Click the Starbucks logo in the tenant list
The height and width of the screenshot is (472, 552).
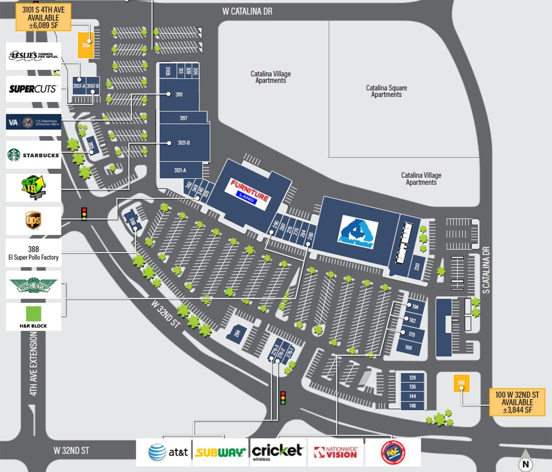pyautogui.click(x=33, y=155)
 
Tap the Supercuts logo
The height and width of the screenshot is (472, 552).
pyautogui.click(x=33, y=89)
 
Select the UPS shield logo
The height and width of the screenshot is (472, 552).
pyautogui.click(x=33, y=220)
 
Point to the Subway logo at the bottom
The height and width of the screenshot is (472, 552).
pyautogui.click(x=220, y=453)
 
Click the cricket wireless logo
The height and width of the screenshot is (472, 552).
pyautogui.click(x=278, y=452)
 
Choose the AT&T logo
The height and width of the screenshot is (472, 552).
pyautogui.click(x=168, y=452)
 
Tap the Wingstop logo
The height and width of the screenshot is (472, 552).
pyautogui.click(x=33, y=285)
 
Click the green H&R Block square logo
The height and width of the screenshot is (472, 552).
pyautogui.click(x=33, y=314)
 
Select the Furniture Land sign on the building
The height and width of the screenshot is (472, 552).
pyautogui.click(x=249, y=192)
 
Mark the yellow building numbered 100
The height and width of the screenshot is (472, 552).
pyautogui.click(x=461, y=383)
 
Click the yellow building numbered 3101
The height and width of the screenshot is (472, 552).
pyautogui.click(x=86, y=45)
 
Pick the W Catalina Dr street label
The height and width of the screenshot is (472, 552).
pyautogui.click(x=247, y=11)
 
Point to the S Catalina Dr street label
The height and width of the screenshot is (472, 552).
pyautogui.click(x=486, y=270)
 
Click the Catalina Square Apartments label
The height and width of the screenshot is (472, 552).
pyautogui.click(x=386, y=91)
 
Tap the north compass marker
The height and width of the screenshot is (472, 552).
pyautogui.click(x=526, y=464)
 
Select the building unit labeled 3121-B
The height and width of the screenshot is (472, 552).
pyautogui.click(x=184, y=143)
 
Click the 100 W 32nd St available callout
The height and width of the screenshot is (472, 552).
pyautogui.click(x=517, y=402)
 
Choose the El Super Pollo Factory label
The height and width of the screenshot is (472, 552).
pyautogui.click(x=33, y=253)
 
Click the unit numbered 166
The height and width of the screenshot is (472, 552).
pyautogui.click(x=409, y=348)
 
